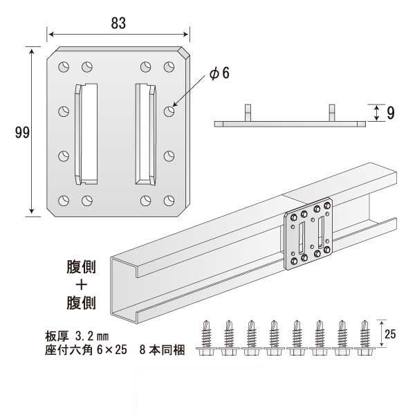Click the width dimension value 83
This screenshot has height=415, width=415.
pos(118,22)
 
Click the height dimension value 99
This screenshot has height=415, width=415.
pos(21,133)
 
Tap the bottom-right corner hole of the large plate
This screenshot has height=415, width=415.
pos(169,200)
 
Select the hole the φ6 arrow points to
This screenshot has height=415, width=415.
pos(169,111)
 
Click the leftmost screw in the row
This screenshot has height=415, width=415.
pos(205,338)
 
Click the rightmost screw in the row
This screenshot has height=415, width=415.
pos(365,338)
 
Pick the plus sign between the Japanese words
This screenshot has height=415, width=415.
pos(82,283)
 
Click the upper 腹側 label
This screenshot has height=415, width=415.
pos(82,266)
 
